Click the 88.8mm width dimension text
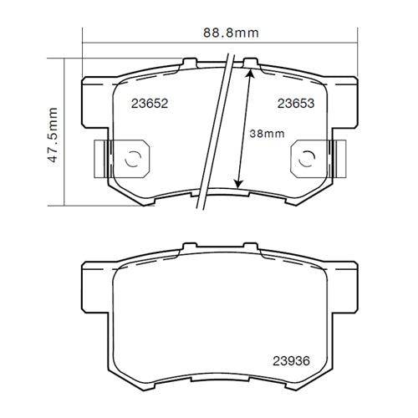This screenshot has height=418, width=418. pos(231,33)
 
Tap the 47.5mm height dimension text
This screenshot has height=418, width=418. pos(52,135)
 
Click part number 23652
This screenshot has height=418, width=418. pos(150,104)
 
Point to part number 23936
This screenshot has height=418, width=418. pos(289,361)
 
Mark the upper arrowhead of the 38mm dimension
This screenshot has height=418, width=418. pos(248,74)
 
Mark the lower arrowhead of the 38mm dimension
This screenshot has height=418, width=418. pos(239,183)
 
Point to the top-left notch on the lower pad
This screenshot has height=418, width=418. pos(190,247)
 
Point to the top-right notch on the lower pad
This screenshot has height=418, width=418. pos(251,247)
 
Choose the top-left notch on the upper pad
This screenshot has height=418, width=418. pos(190,62)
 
